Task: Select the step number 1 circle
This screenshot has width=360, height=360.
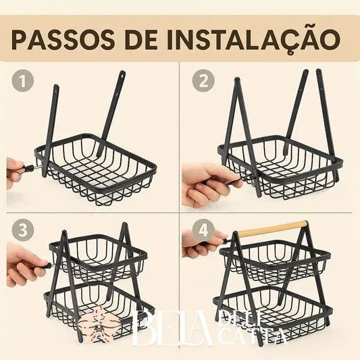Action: (x=24, y=82)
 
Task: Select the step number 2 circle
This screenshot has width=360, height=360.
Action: (x=201, y=82)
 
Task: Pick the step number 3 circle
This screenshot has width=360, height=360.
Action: (x=24, y=230)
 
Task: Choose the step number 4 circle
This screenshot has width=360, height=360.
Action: (x=201, y=230)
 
